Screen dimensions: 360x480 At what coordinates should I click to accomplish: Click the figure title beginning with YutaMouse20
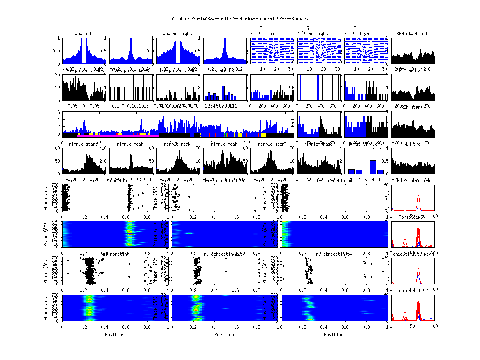240,19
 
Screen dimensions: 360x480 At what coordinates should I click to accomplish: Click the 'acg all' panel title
83,34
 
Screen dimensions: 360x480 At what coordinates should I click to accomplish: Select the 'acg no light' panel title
177,34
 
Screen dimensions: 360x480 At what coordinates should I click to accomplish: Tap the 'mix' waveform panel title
272,34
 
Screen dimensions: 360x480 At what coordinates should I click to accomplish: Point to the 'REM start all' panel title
412,34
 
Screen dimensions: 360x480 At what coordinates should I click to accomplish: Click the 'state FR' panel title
224,70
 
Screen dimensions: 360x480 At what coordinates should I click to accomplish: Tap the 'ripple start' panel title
83,144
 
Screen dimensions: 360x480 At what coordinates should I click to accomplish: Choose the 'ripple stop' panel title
272,144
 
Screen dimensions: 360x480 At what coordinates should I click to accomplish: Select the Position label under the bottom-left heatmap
114,335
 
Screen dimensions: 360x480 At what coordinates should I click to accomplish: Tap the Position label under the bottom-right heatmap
334,335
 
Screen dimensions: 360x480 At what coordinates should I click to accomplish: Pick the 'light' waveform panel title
365,34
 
